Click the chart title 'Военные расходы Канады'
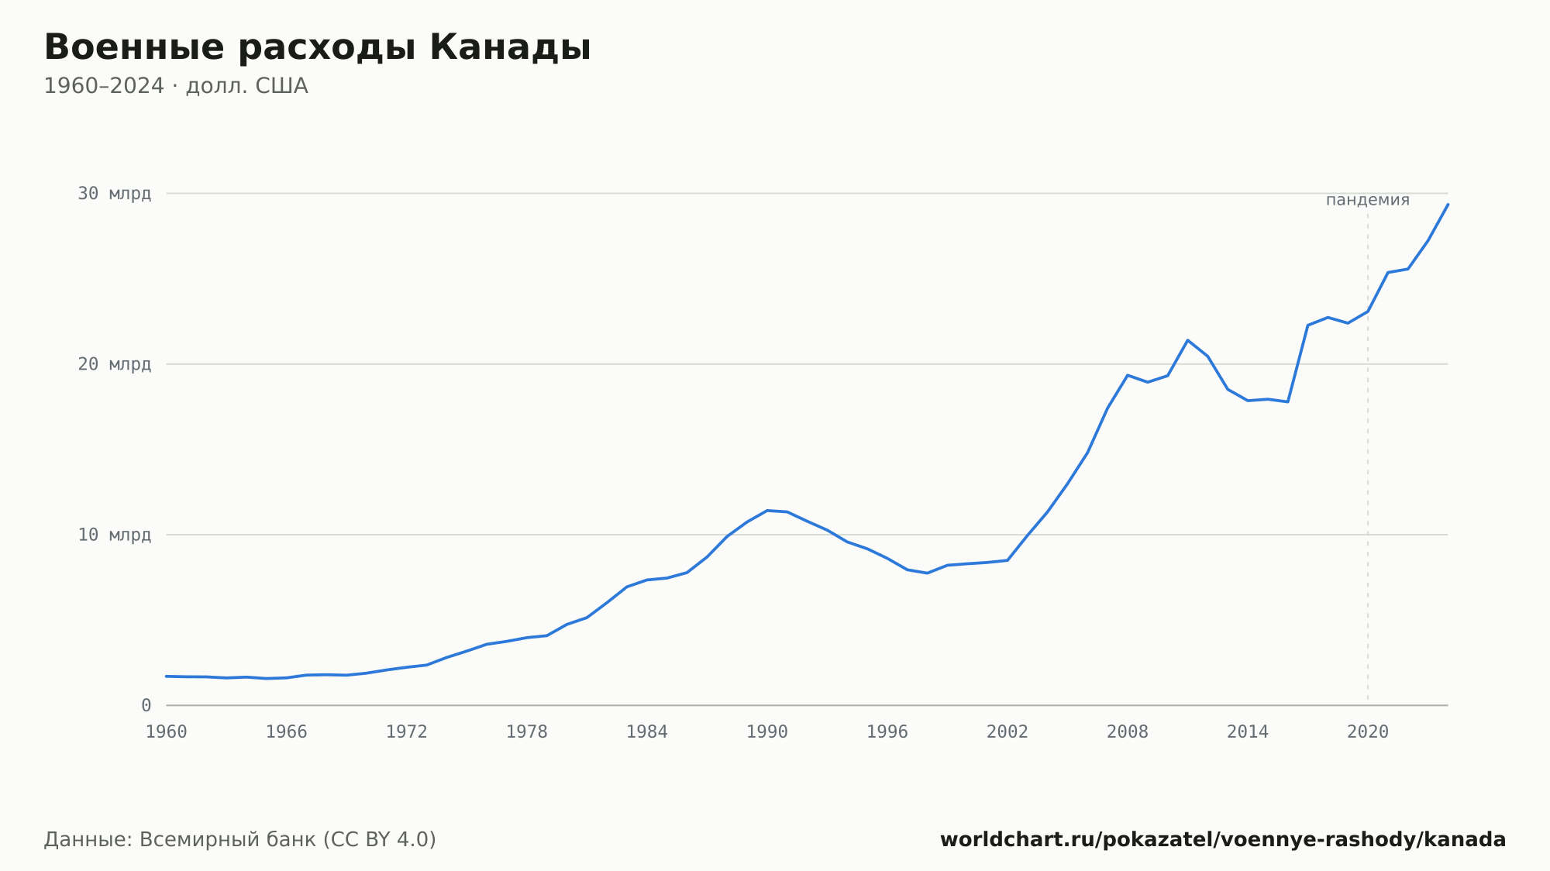(x=318, y=48)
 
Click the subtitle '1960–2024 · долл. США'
(x=176, y=86)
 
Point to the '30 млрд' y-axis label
(x=114, y=194)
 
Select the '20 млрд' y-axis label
(x=114, y=364)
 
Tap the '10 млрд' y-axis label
(x=114, y=535)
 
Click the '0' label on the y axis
(x=146, y=705)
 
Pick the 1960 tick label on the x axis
(x=167, y=732)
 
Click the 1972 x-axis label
(x=407, y=732)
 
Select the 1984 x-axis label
(x=647, y=732)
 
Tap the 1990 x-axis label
(x=767, y=732)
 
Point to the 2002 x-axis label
(x=1007, y=732)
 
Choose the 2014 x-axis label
(x=1248, y=732)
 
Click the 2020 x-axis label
(x=1368, y=732)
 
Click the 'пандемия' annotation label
(x=1368, y=200)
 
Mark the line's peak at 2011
(x=1187, y=340)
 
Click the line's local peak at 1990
(x=767, y=511)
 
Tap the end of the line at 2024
(x=1448, y=204)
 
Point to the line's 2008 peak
(x=1128, y=375)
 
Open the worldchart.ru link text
(x=1223, y=840)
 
